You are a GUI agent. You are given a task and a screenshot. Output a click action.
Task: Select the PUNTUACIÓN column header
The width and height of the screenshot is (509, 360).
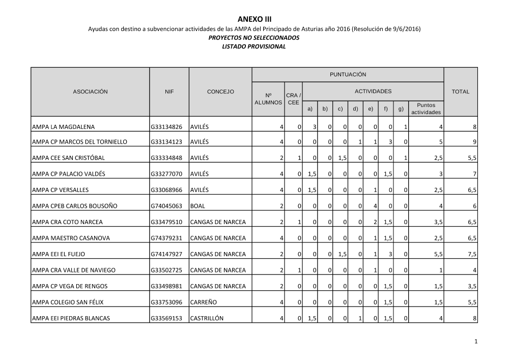pyautogui.click(x=348, y=74)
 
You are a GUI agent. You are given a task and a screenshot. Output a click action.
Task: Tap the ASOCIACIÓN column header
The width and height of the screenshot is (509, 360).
pyautogui.click(x=91, y=92)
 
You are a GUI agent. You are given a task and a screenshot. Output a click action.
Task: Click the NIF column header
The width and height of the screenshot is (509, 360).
pyautogui.click(x=169, y=92)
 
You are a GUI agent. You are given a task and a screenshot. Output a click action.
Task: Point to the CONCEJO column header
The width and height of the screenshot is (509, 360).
pyautogui.click(x=220, y=92)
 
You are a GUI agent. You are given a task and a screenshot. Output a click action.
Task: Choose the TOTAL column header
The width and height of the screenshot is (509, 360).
pyautogui.click(x=461, y=92)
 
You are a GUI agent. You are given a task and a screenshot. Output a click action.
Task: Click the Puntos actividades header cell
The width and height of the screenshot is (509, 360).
pyautogui.click(x=426, y=108)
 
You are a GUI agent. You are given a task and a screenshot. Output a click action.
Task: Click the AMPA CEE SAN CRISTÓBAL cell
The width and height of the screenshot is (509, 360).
pyautogui.click(x=68, y=158)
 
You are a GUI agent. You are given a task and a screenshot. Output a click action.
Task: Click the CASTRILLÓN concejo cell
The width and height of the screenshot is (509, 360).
pyautogui.click(x=206, y=318)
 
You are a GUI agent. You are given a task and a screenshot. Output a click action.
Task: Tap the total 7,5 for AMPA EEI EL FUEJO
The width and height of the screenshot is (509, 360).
pyautogui.click(x=472, y=254)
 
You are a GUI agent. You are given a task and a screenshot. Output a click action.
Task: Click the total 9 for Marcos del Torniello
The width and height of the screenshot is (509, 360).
pyautogui.click(x=474, y=142)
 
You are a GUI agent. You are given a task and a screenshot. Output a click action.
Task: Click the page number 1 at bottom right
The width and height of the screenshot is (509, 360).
pyautogui.click(x=475, y=342)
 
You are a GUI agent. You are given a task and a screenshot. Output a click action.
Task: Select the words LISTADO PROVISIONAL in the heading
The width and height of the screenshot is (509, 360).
pyautogui.click(x=254, y=46)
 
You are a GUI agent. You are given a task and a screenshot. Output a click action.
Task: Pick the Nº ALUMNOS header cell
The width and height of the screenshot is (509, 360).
pyautogui.click(x=268, y=99)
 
